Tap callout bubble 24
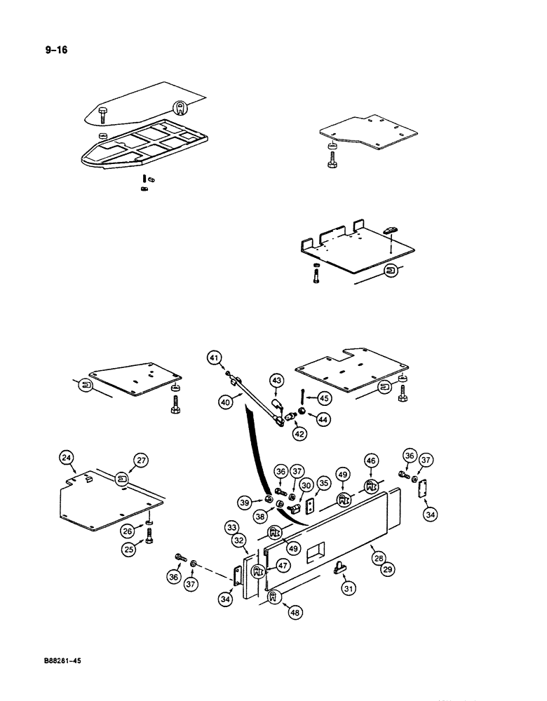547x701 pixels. coord(67,459)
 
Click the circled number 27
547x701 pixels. coord(161,460)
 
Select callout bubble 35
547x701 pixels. coord(323,482)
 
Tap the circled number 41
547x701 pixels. coord(214,358)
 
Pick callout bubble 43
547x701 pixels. coord(277,380)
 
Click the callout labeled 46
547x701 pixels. coord(371,461)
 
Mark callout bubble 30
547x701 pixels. coord(306,486)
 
